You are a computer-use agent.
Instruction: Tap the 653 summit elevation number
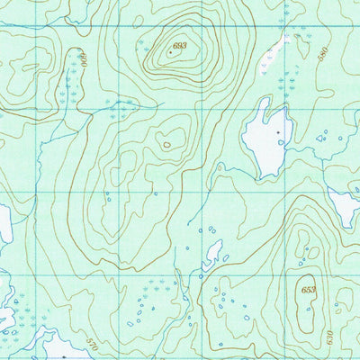pos(309,291)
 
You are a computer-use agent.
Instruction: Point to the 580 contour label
pos(324,51)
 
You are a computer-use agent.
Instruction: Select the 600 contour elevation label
pos(82,60)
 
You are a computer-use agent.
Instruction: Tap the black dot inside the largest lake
pos(279,133)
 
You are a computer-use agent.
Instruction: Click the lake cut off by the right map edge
pos(347,207)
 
